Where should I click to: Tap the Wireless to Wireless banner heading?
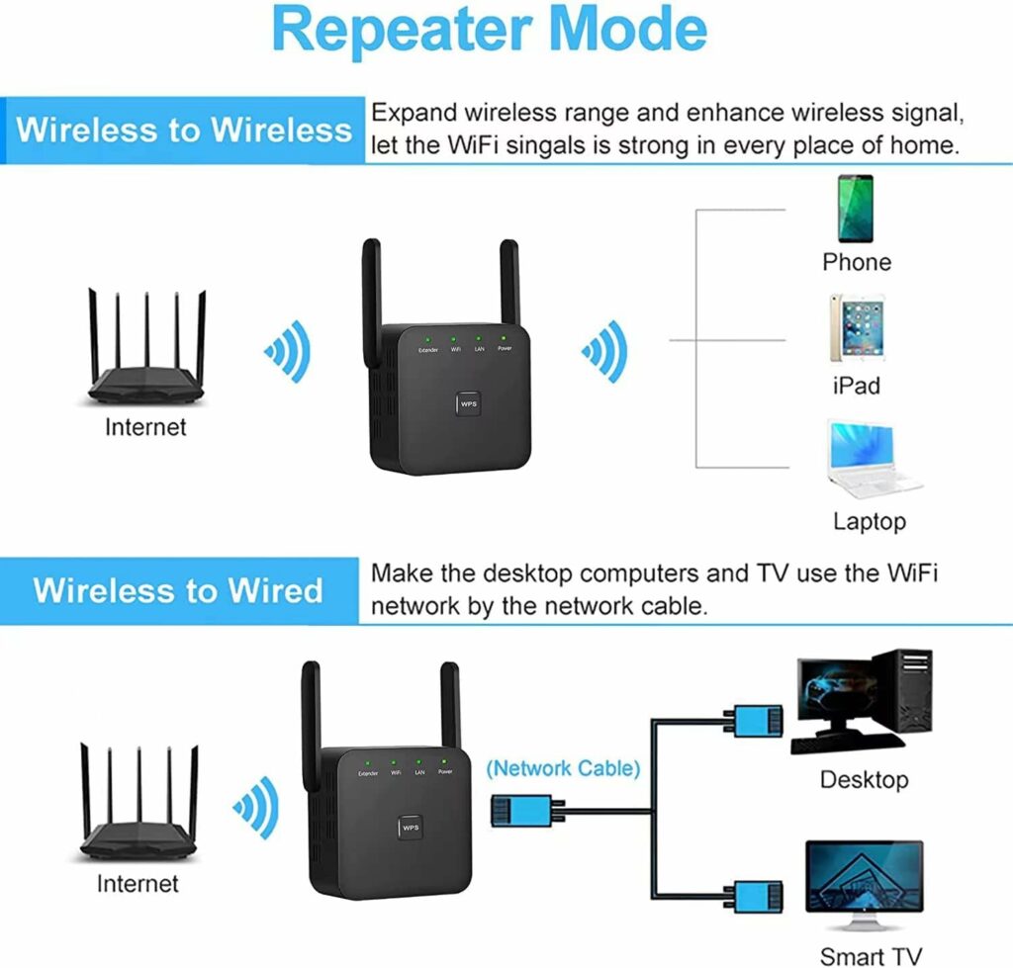coord(184,131)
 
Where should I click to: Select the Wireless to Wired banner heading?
coord(178,590)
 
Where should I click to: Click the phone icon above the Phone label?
coord(856,209)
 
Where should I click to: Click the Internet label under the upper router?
coord(145,428)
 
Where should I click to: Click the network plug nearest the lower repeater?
coord(518,810)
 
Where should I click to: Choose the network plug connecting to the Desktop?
coord(758,722)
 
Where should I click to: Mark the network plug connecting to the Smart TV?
coord(758,898)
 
